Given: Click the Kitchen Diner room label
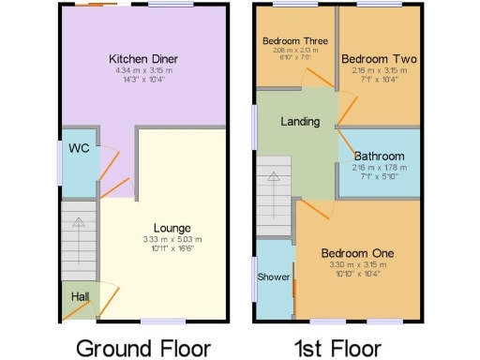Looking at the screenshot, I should tap(142, 59).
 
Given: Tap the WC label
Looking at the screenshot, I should tap(78, 147).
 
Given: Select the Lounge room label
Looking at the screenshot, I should tap(172, 228).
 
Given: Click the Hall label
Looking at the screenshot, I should tap(80, 296).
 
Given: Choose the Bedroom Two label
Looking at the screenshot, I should tap(380, 59).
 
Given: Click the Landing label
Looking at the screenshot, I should tap(300, 122).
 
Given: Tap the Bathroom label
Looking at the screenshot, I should tap(380, 157).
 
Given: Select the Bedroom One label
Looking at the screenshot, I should tap(358, 253).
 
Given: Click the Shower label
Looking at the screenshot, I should tap(274, 277).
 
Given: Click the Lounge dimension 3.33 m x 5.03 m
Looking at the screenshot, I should tap(172, 240).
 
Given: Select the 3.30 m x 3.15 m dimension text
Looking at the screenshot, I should tap(358, 265).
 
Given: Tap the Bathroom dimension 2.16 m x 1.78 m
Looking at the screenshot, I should tap(380, 169).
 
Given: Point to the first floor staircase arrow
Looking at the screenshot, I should tap(275, 178).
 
